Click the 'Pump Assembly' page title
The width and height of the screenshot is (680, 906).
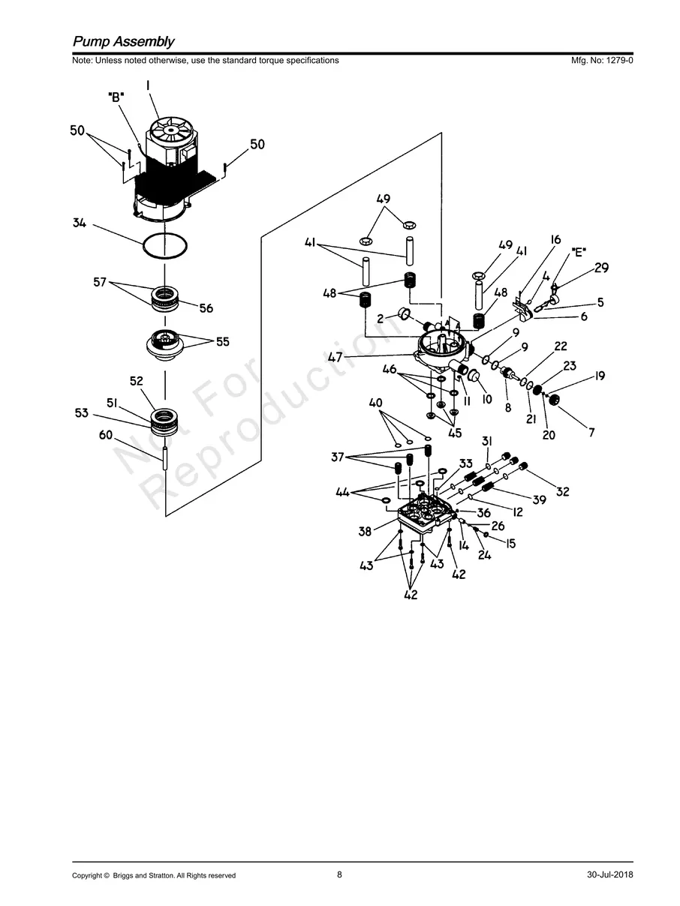(x=123, y=42)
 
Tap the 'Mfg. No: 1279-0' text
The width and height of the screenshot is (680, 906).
(x=602, y=61)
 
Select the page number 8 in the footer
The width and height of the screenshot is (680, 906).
(x=339, y=874)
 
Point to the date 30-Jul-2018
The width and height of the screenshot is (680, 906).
(x=610, y=875)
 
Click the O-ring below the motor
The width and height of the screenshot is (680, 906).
(x=164, y=245)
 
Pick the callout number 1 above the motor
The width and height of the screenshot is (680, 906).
(x=148, y=86)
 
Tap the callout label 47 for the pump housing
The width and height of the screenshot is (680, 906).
(x=335, y=358)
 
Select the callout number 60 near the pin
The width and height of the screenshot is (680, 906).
(x=106, y=436)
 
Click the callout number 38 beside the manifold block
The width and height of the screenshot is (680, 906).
(x=365, y=532)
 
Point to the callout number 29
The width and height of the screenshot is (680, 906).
(x=601, y=268)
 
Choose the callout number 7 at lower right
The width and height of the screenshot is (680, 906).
(x=591, y=432)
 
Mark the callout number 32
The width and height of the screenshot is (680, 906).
(x=562, y=492)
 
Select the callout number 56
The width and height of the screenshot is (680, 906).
(x=206, y=308)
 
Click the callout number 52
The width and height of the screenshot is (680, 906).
(x=136, y=381)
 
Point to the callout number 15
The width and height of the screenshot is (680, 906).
(x=510, y=544)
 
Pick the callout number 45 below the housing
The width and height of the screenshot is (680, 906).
(x=455, y=432)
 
